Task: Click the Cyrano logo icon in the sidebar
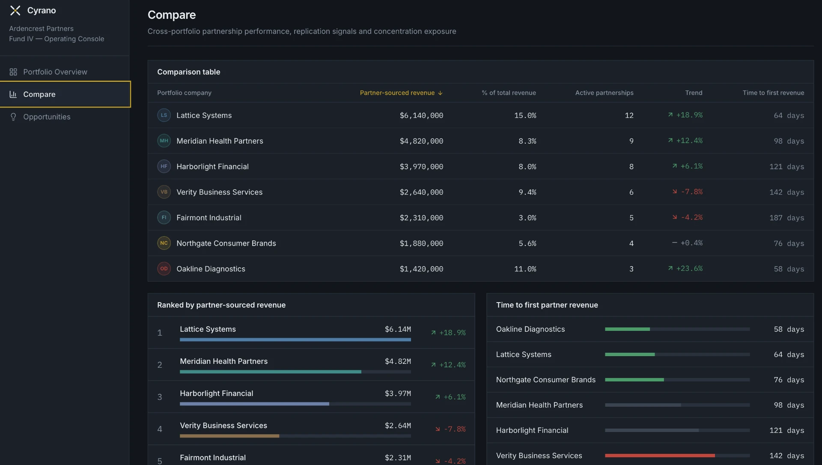[15, 11]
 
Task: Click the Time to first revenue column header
[773, 93]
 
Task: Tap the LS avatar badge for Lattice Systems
[164, 115]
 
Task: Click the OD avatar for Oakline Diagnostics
[164, 269]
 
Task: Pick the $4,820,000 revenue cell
[421, 141]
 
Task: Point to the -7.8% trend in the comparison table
[687, 192]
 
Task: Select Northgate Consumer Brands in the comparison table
[226, 243]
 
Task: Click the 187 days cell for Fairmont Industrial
[786, 218]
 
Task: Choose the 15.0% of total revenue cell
[525, 115]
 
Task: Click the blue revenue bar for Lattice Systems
[295, 340]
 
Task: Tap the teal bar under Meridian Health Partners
[271, 372]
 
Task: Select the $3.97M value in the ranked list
[398, 393]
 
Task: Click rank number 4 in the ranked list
[160, 429]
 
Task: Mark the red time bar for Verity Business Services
[660, 456]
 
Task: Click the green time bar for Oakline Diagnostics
[627, 329]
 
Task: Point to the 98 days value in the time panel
[789, 405]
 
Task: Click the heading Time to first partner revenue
[547, 305]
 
